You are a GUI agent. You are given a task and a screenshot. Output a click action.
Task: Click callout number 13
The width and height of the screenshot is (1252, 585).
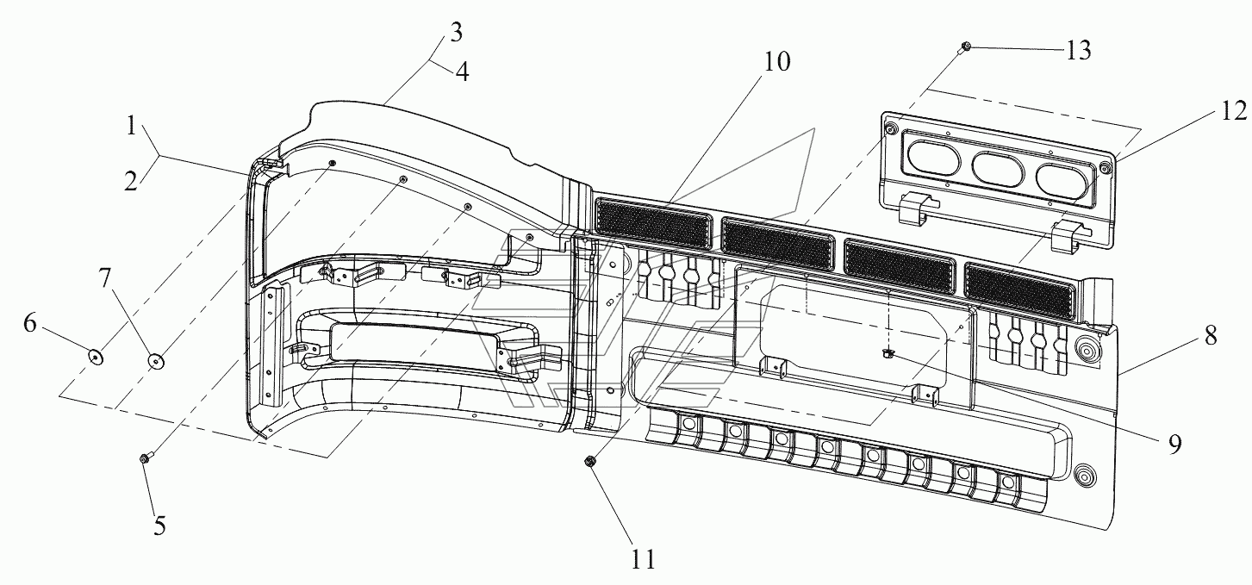pyautogui.click(x=1078, y=51)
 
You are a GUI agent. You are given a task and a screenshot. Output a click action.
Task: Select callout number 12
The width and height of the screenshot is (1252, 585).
pyautogui.click(x=1234, y=111)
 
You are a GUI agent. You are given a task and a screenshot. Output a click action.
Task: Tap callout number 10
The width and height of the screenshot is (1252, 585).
pyautogui.click(x=777, y=62)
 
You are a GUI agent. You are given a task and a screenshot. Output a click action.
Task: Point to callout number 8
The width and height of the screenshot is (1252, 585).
pyautogui.click(x=1210, y=336)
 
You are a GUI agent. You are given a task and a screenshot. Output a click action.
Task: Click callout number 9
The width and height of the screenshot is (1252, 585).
pyautogui.click(x=1174, y=445)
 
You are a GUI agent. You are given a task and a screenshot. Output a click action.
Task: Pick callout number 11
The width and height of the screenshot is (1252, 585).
pyautogui.click(x=643, y=559)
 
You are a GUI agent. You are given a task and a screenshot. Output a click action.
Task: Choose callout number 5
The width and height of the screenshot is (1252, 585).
pyautogui.click(x=160, y=526)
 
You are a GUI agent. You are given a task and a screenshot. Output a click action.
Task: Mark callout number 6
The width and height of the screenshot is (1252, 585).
pyautogui.click(x=29, y=323)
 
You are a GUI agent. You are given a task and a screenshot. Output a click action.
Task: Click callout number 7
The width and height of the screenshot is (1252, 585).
pyautogui.click(x=106, y=277)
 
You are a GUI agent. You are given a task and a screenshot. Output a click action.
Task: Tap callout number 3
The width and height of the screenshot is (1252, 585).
pyautogui.click(x=457, y=33)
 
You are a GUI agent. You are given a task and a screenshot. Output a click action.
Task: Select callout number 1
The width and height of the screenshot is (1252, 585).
pyautogui.click(x=131, y=127)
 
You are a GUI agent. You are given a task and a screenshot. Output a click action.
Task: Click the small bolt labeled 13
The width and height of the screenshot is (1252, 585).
pyautogui.click(x=965, y=47)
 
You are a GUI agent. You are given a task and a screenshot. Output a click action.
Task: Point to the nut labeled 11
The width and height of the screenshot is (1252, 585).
pyautogui.click(x=589, y=462)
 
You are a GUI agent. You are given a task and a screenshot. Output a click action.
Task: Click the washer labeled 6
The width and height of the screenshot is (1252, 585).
pyautogui.click(x=96, y=356)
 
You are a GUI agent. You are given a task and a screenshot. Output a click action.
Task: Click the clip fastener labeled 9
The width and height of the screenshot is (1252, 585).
pyautogui.click(x=887, y=352)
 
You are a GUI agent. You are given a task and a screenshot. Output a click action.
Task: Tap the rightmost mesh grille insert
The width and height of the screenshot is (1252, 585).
pyautogui.click(x=1019, y=289)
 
